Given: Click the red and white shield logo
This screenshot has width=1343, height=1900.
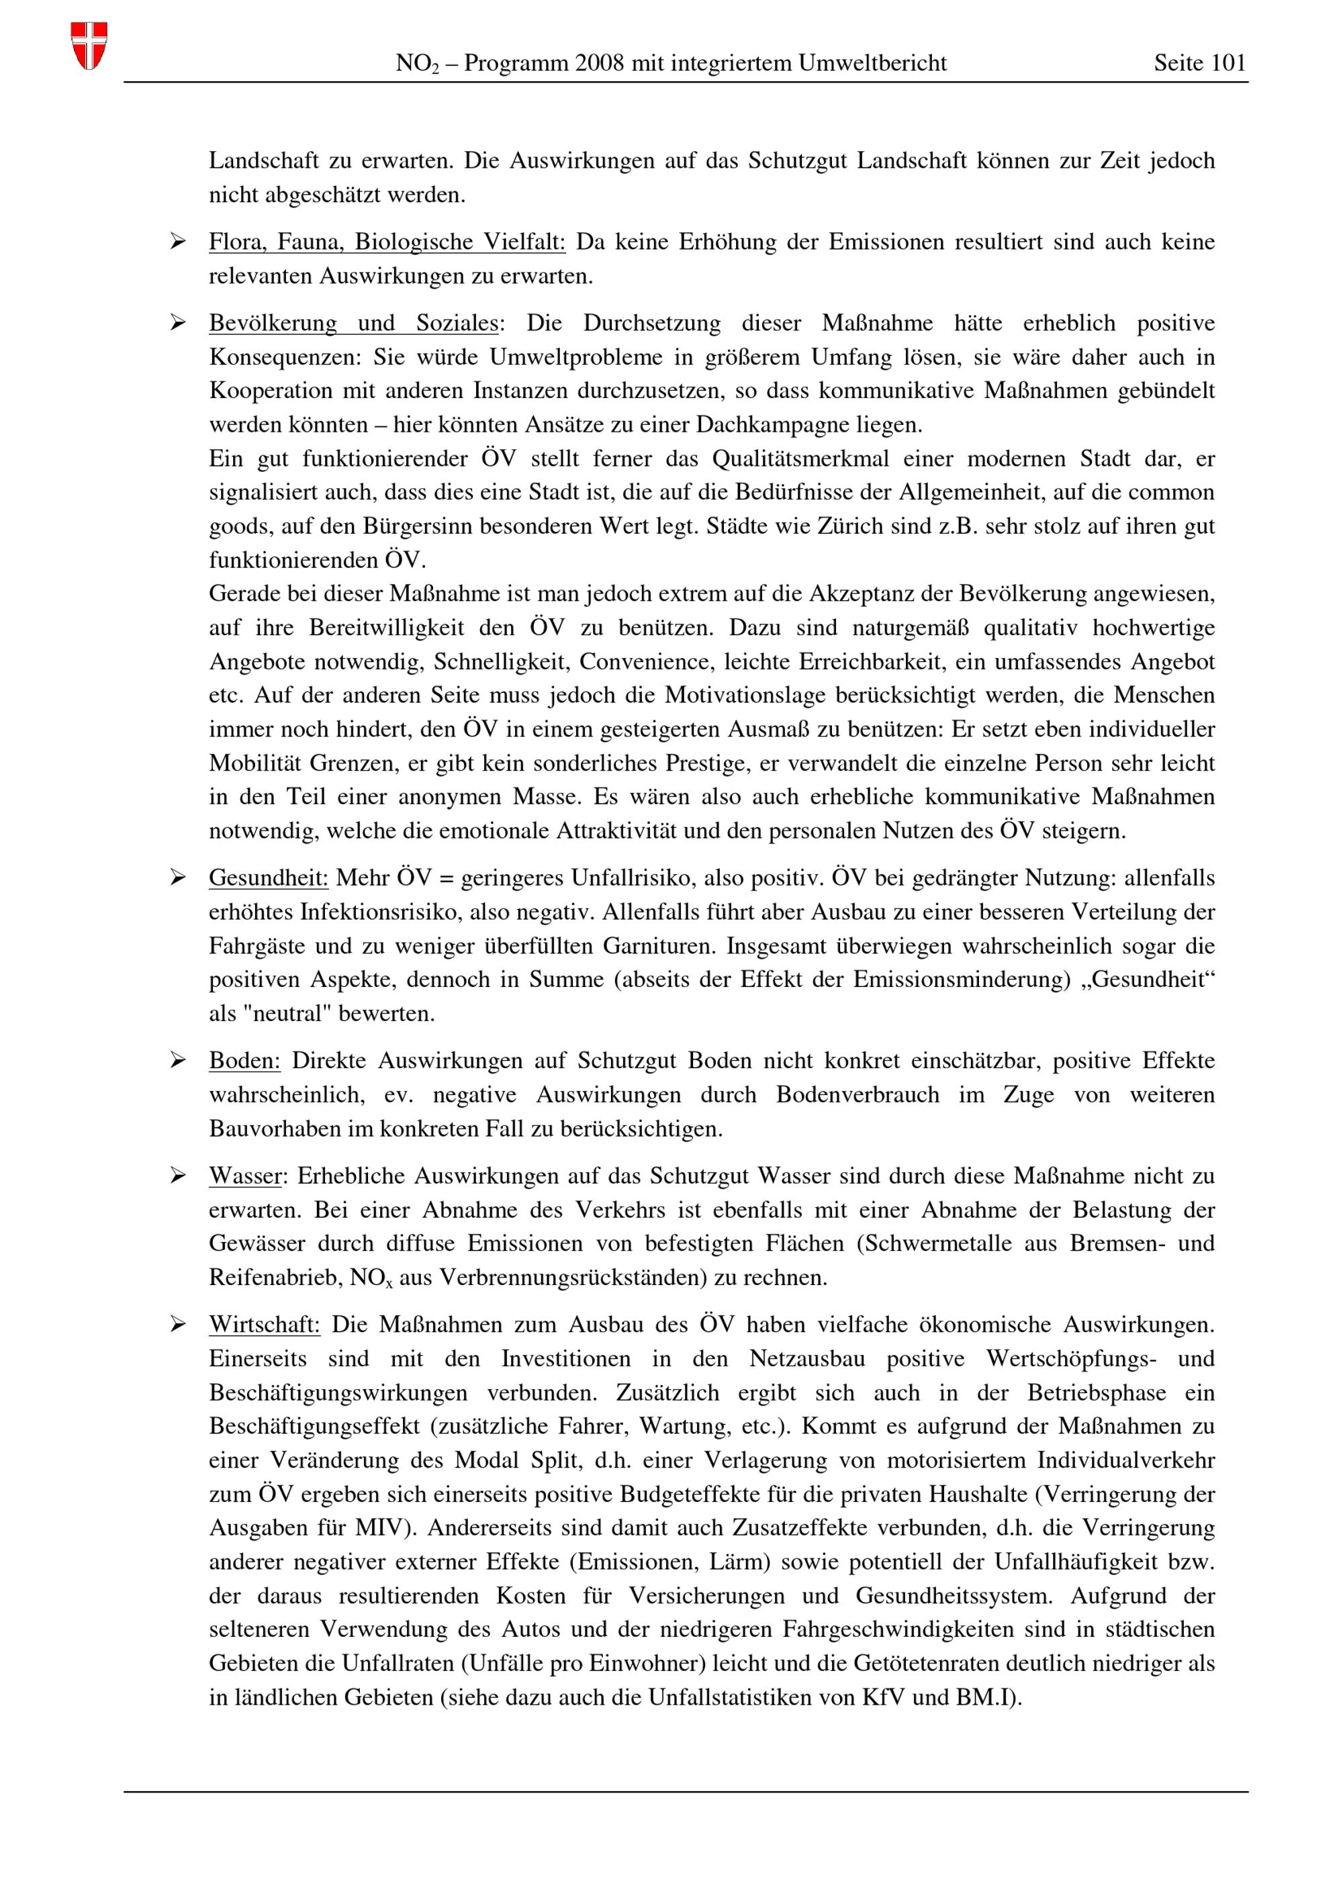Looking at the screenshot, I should [x=89, y=46].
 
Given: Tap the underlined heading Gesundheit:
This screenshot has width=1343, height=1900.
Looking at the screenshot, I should [x=268, y=878].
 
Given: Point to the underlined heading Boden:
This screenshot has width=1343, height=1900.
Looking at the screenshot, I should [x=244, y=1061].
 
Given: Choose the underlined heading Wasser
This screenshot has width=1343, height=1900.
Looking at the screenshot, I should [x=245, y=1176].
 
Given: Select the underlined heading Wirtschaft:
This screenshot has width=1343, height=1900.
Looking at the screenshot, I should [x=264, y=1325].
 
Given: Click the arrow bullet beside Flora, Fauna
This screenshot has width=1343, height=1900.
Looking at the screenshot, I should [x=178, y=242].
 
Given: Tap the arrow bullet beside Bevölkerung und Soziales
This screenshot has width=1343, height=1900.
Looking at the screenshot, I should [x=178, y=323].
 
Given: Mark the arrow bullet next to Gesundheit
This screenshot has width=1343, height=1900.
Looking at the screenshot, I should [x=178, y=878].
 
